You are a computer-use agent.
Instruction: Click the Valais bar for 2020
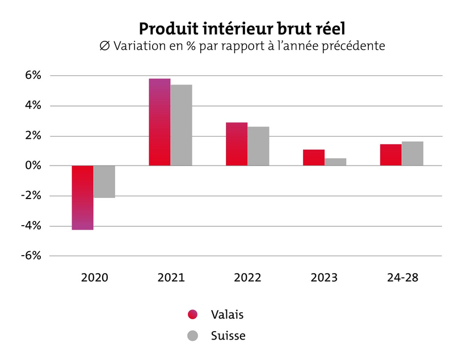(x=82, y=197)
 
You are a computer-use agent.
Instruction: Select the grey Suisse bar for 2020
(x=104, y=182)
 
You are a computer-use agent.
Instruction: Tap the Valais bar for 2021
(x=159, y=122)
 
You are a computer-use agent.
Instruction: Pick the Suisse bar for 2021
(x=182, y=125)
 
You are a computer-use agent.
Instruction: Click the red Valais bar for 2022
(x=237, y=144)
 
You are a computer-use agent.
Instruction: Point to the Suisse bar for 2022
(x=258, y=146)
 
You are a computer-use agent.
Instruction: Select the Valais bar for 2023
(x=314, y=158)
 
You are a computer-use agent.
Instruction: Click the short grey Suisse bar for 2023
(x=335, y=162)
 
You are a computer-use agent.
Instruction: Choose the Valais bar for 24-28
(x=391, y=155)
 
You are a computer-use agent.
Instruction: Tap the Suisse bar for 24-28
(x=413, y=154)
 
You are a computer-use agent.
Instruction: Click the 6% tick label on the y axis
(x=33, y=75)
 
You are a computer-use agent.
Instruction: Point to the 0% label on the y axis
(x=33, y=166)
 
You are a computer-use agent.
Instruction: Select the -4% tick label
(x=31, y=226)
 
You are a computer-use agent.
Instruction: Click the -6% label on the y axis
(x=31, y=256)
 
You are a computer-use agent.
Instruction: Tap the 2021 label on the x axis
(x=171, y=278)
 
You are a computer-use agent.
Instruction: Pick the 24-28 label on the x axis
(x=403, y=278)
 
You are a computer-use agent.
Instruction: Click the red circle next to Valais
(x=193, y=315)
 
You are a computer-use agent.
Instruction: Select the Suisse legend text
(x=228, y=336)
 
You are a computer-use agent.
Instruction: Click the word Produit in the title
(x=169, y=29)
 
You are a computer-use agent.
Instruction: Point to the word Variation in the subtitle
(x=148, y=46)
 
